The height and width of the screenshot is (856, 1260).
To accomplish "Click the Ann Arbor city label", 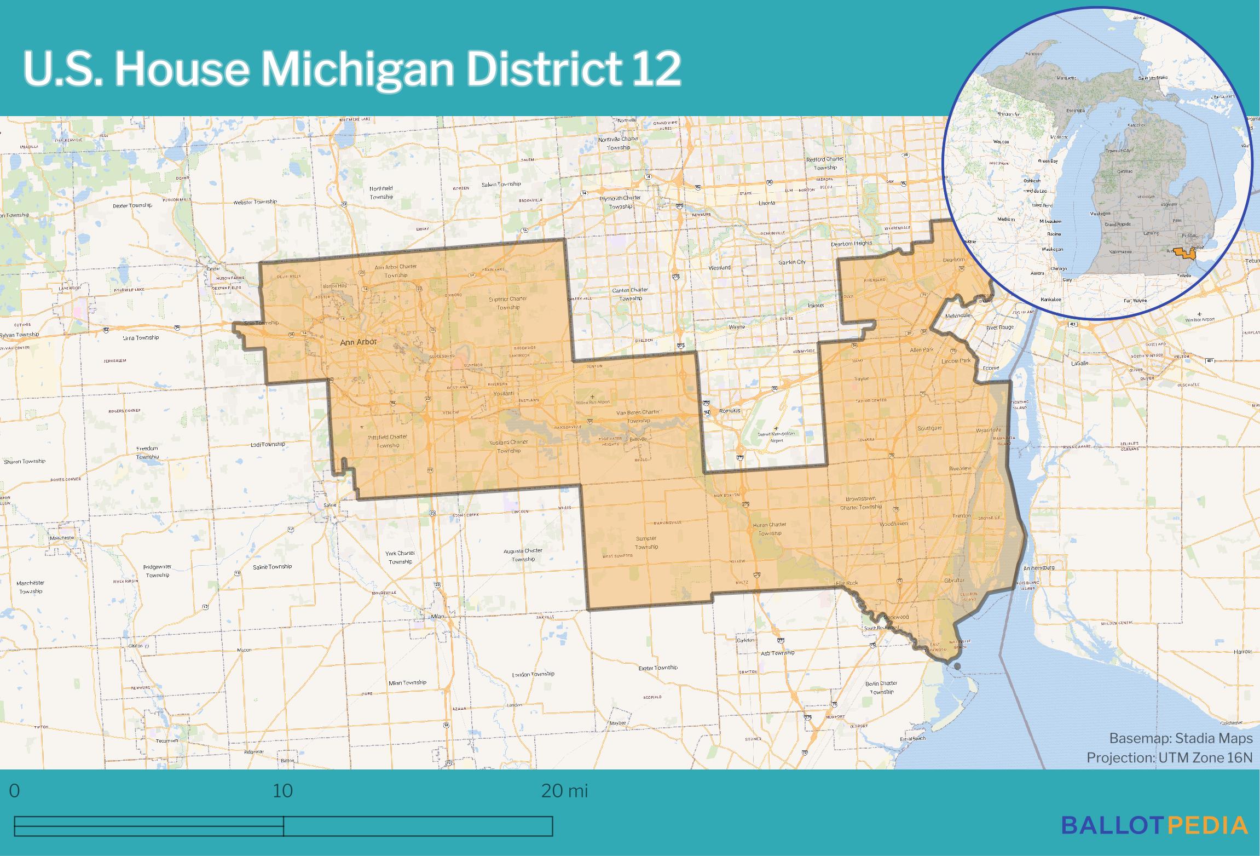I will point(359,342).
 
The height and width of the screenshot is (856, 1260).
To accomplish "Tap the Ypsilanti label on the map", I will point(504,394).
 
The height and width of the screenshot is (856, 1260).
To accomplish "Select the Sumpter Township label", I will point(646,542).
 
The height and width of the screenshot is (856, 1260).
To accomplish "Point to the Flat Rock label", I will point(848,583).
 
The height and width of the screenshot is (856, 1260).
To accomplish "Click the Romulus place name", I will point(730,410).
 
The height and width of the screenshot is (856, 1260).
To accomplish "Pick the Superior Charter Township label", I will point(508,303).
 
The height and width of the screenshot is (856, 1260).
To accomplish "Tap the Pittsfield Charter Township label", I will point(388,441).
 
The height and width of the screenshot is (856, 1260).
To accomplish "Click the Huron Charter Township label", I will point(770,528).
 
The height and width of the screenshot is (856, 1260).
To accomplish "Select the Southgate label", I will point(929,428).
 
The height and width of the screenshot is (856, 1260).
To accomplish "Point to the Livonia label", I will point(766,203).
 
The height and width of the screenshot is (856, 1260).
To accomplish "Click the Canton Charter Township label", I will point(630,294).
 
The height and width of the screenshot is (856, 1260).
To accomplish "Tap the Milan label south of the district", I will point(437,616).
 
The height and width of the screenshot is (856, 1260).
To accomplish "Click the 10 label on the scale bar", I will point(282,791).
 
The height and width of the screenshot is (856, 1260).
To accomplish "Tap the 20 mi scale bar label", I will point(564,791).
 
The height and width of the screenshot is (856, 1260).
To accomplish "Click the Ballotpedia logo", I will point(1155,825).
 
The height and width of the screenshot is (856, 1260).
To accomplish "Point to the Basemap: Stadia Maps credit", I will point(1181,738).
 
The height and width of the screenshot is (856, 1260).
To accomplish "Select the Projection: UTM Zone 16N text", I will point(1169,757).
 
